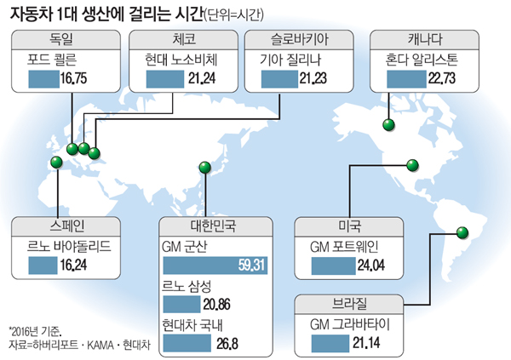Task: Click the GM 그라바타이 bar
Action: point(330,342)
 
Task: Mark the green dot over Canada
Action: point(388,126)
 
